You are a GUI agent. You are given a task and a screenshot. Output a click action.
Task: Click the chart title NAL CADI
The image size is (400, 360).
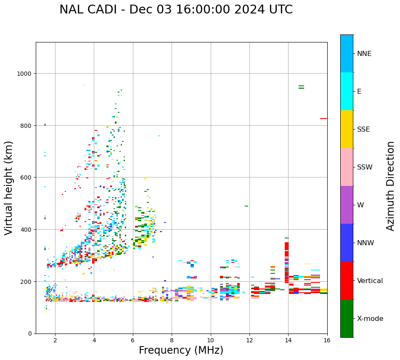tap(176, 10)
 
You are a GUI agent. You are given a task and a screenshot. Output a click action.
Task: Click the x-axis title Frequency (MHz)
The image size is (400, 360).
tap(181, 350)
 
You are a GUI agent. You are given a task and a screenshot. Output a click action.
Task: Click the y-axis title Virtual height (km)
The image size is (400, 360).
tap(9, 188)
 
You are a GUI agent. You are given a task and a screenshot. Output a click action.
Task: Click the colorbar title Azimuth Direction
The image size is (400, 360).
tap(391, 186)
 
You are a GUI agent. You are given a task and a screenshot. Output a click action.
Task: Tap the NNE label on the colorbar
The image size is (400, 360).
tap(364, 53)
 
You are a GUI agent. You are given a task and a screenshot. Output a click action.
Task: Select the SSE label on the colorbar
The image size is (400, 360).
tap(363, 129)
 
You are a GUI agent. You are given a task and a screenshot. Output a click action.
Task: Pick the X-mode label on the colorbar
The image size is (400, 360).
tap(370, 318)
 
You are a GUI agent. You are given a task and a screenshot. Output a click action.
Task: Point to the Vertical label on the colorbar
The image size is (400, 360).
tap(370, 281)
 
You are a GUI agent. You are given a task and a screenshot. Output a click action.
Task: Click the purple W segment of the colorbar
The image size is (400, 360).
tap(347, 205)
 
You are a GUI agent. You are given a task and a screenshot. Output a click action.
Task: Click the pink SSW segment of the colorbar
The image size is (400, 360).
tap(347, 167)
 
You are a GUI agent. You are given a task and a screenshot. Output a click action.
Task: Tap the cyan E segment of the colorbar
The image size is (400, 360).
tap(347, 91)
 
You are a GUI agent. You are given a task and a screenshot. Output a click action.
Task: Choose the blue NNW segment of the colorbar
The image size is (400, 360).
tap(347, 243)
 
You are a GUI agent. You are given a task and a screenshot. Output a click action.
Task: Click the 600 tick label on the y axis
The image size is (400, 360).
tap(26, 177)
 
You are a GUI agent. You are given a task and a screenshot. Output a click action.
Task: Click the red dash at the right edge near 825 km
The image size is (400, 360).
tap(323, 119)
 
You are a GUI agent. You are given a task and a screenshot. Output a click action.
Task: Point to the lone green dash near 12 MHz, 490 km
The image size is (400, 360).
tap(246, 206)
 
